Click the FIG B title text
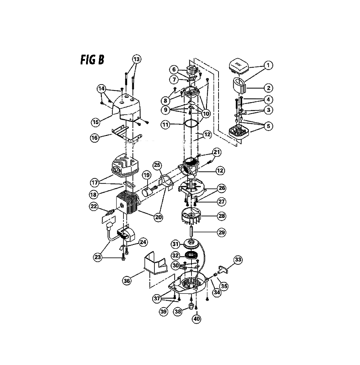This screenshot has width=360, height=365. [92, 60]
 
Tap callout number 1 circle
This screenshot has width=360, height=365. [268, 65]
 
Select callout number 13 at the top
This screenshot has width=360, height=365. [136, 59]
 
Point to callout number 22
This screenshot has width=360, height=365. [94, 206]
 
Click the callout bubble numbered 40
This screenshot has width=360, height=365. [197, 319]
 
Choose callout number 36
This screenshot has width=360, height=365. [127, 281]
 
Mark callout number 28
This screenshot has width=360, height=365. [221, 216]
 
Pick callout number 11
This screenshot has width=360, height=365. [166, 124]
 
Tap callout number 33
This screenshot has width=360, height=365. [238, 260]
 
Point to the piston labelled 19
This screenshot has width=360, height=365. [147, 192]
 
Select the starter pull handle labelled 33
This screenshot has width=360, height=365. [223, 270]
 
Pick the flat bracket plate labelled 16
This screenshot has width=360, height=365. [127, 134]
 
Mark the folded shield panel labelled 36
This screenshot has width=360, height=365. [156, 262]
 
